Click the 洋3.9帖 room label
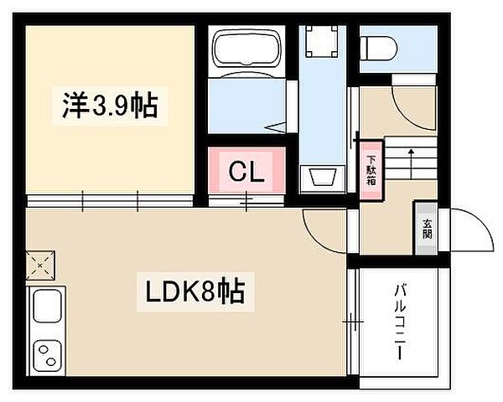(x=109, y=107)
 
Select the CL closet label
(x=247, y=173)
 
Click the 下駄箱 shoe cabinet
(x=369, y=172)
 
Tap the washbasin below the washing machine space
(x=322, y=178)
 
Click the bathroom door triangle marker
(x=276, y=129)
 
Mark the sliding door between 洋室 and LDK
(x=109, y=200)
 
